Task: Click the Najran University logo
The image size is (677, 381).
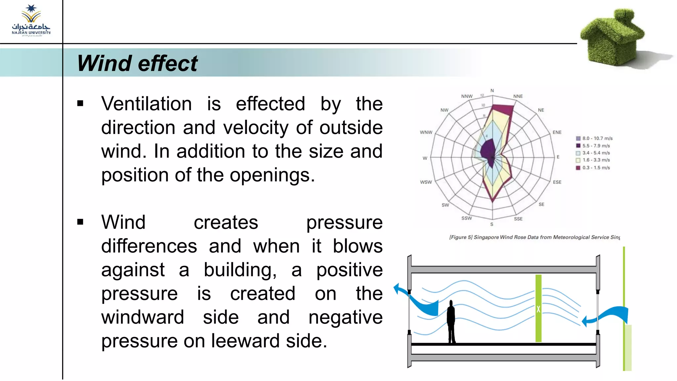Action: click(31, 21)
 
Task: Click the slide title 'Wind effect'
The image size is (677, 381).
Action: click(137, 63)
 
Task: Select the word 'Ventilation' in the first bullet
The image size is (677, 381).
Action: click(146, 104)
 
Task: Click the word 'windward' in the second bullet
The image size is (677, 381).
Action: click(142, 317)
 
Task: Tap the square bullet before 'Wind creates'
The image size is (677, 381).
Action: click(80, 222)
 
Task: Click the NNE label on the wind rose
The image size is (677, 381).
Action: click(518, 96)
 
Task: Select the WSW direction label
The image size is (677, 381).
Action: click(426, 182)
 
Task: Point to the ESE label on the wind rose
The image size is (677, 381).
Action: click(557, 182)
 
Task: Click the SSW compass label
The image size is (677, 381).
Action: click(466, 218)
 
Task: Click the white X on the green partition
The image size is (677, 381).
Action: click(538, 309)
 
